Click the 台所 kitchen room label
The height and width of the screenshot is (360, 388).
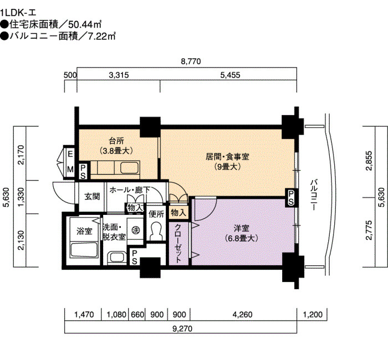click(116, 141)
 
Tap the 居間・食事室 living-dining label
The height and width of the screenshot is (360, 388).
click(227, 157)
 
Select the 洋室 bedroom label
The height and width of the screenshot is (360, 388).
click(242, 228)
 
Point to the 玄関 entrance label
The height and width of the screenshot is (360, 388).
click(92, 196)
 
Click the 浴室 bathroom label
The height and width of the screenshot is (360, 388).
click(84, 231)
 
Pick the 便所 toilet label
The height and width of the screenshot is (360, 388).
click(156, 214)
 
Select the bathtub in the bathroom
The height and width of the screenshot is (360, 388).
click(84, 250)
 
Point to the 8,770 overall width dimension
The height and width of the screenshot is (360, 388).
click(191, 61)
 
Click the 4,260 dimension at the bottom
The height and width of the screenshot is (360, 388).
click(243, 315)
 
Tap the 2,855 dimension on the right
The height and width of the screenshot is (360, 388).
click(369, 161)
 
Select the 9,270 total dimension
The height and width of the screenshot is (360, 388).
click(182, 328)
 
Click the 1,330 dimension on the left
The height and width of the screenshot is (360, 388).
click(22, 197)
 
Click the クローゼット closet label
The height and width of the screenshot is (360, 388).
click(178, 243)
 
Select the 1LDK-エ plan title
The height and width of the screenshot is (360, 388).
click(18, 12)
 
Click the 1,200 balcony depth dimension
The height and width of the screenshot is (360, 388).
click(313, 315)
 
